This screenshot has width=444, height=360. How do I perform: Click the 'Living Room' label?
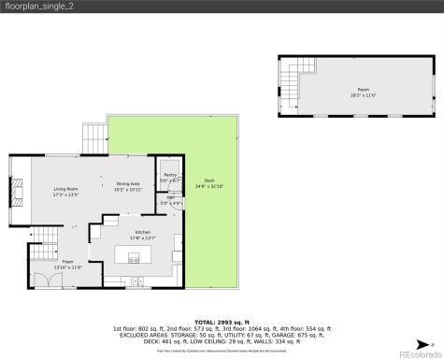click(65, 190)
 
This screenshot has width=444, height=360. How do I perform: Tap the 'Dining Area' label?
click(128, 183)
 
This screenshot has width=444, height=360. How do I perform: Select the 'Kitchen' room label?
click(143, 231)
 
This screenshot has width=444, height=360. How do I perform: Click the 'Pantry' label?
click(170, 175)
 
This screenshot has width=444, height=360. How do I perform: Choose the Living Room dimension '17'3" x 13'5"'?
click(65, 195)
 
